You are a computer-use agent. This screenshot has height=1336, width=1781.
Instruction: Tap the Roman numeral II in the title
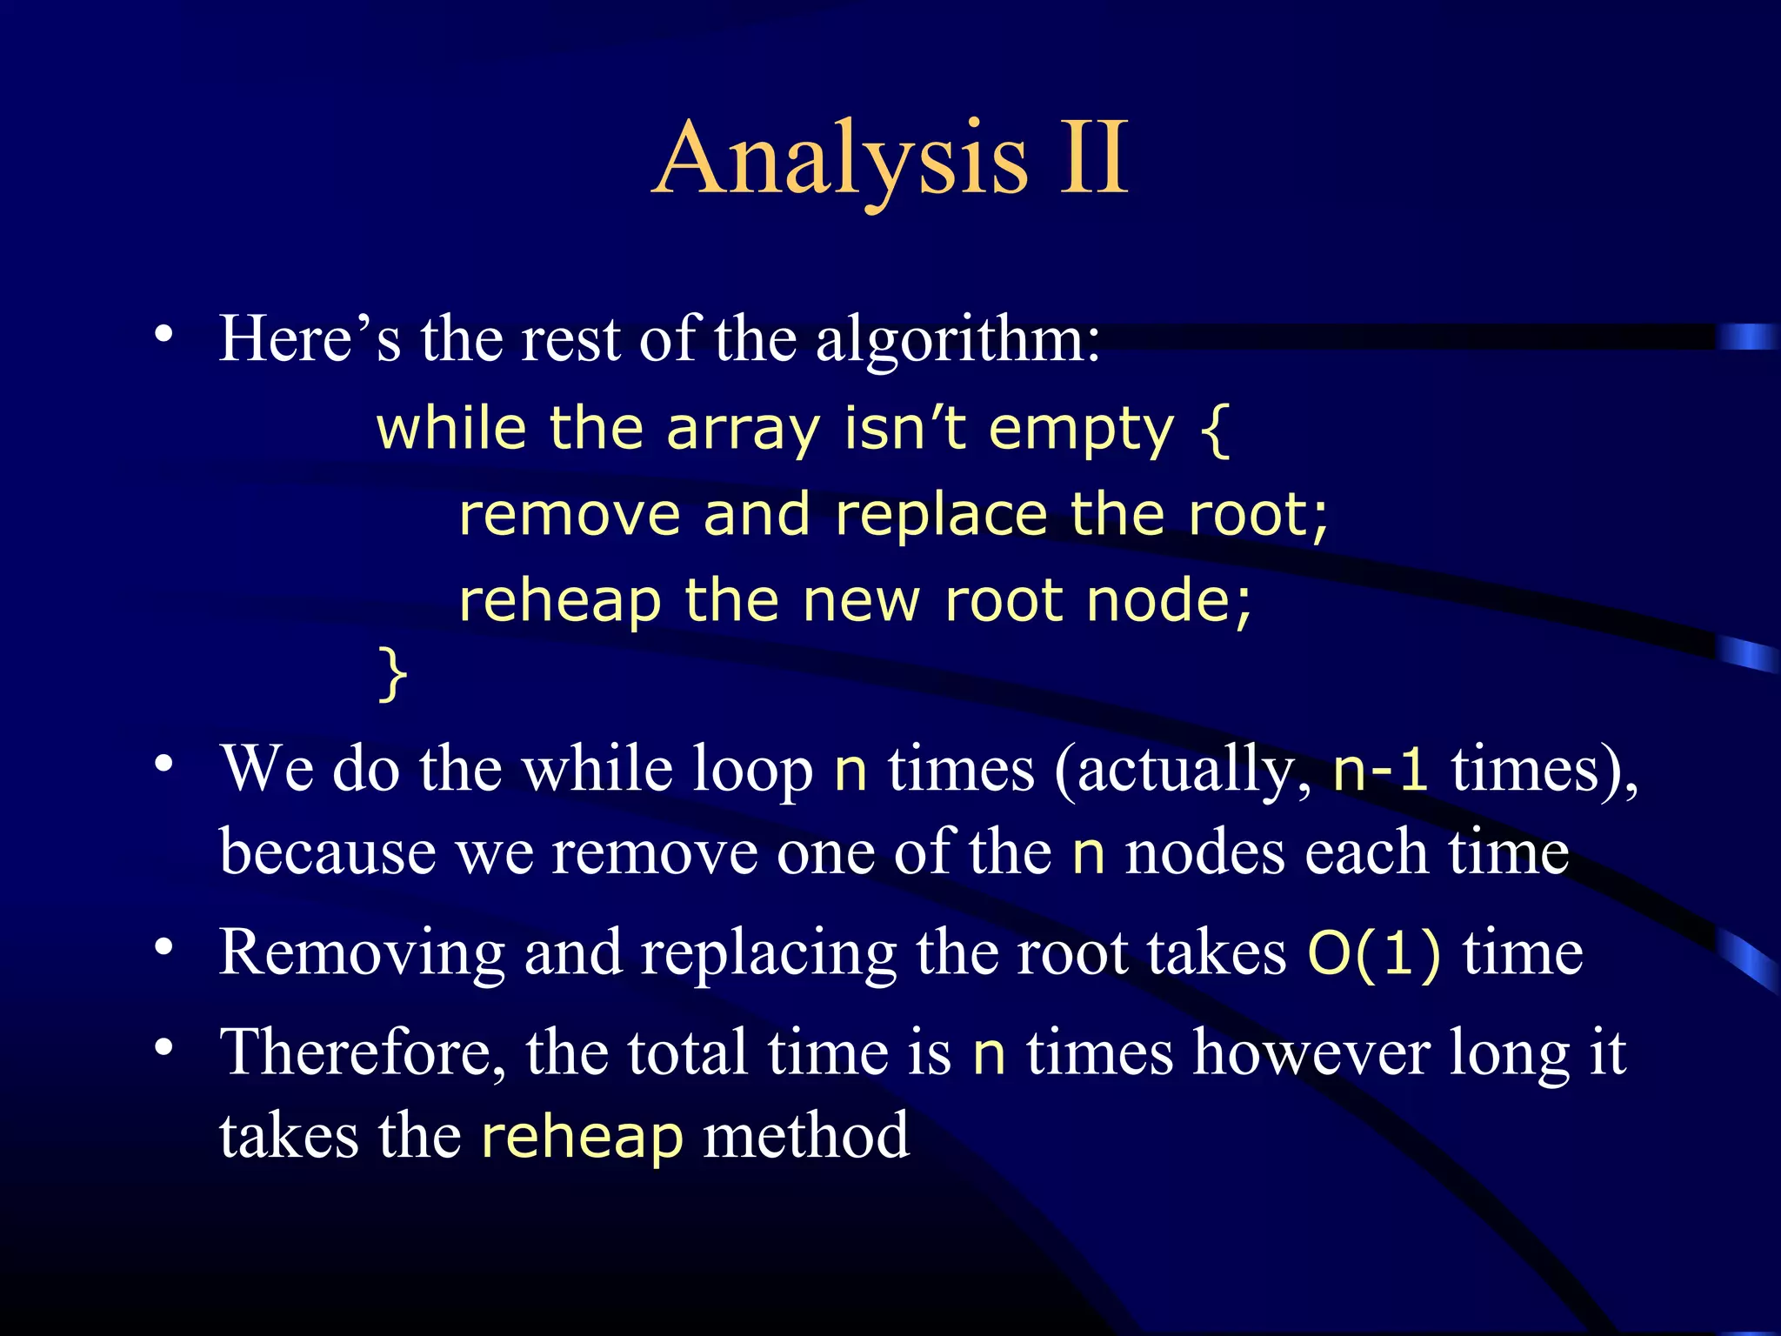pyautogui.click(x=1093, y=158)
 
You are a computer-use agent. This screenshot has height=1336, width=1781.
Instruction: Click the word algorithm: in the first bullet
pyautogui.click(x=957, y=339)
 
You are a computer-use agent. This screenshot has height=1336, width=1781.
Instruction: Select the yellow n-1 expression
pyautogui.click(x=1380, y=769)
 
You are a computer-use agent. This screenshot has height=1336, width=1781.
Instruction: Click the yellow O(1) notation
pyautogui.click(x=1374, y=953)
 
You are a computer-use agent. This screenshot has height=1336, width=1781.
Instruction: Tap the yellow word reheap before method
pyautogui.click(x=582, y=1138)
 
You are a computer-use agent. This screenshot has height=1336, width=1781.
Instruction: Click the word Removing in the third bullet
pyautogui.click(x=362, y=953)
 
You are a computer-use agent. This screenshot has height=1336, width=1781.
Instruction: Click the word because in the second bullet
pyautogui.click(x=327, y=852)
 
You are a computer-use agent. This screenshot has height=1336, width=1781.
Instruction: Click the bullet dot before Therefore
pyautogui.click(x=163, y=1047)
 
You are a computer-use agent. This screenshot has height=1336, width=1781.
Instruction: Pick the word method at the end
pyautogui.click(x=806, y=1136)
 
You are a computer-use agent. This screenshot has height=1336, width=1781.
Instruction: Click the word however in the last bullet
pyautogui.click(x=1311, y=1053)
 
